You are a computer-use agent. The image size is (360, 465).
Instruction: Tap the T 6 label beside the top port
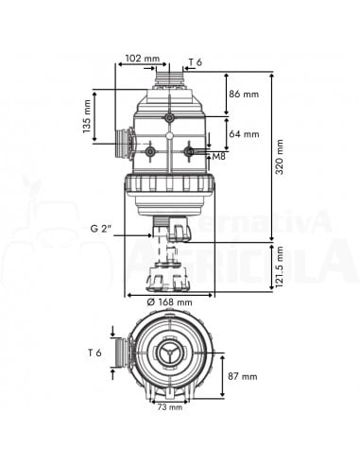pos(195,62)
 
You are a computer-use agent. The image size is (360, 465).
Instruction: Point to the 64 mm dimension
pos(244,133)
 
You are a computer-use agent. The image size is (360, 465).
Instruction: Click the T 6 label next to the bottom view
pos(94,353)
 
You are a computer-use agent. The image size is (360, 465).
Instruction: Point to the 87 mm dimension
pos(243,375)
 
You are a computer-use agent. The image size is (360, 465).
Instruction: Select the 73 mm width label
pos(171,407)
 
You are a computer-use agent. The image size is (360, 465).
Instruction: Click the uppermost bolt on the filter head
pos(170,118)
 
